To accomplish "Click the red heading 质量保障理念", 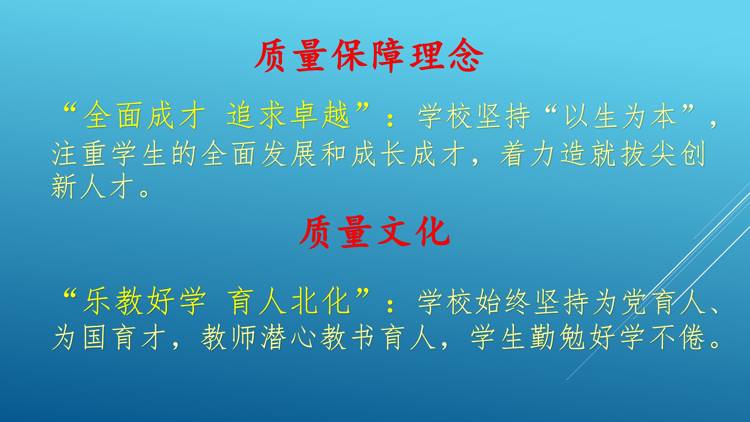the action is [369, 56].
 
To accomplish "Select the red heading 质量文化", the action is [375, 232].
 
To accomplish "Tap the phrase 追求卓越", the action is [288, 115].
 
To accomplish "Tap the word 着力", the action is [527, 154].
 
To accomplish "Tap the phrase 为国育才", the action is [109, 337].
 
